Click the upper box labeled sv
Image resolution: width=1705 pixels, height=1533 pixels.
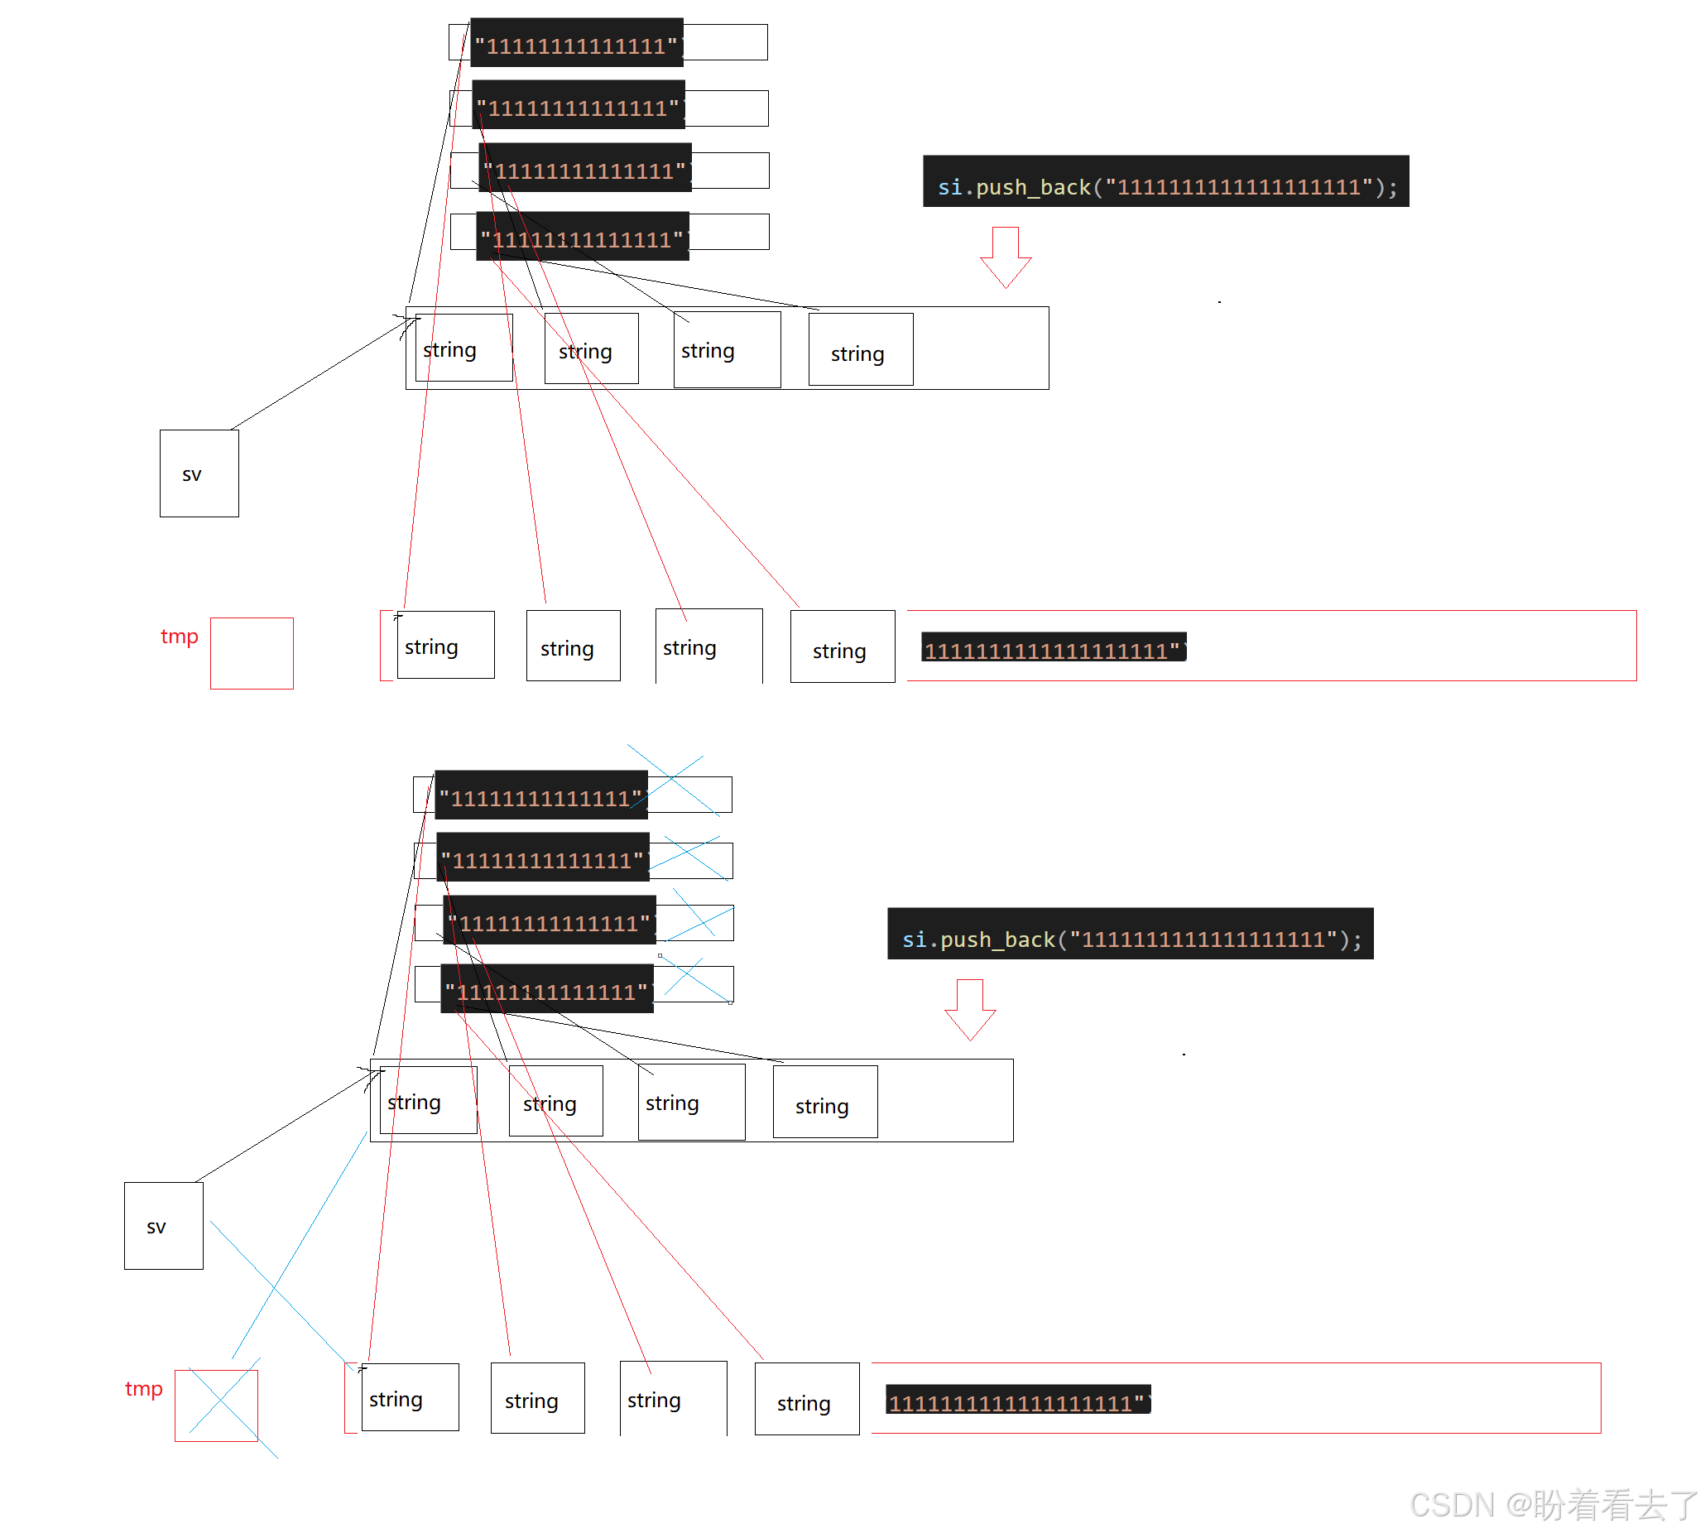[x=199, y=473]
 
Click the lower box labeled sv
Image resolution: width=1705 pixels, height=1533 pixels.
[x=163, y=1226]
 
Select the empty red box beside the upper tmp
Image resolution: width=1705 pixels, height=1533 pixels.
[x=252, y=654]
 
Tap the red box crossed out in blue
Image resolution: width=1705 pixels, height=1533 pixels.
[x=217, y=1405]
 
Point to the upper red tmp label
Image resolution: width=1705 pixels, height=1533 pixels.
[x=180, y=636]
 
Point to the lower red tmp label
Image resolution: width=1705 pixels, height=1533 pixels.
[x=143, y=1389]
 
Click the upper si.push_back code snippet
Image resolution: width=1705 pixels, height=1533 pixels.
[x=1166, y=182]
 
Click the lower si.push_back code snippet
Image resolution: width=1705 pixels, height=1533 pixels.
[x=1131, y=934]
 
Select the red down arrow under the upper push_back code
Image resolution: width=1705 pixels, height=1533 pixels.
[x=1006, y=257]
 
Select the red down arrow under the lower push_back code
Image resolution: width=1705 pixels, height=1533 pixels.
[x=970, y=1010]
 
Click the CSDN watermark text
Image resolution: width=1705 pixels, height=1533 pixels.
[x=1554, y=1504]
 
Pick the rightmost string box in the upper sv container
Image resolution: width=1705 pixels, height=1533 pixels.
[x=860, y=349]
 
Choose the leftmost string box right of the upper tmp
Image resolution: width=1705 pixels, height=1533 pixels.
[x=444, y=645]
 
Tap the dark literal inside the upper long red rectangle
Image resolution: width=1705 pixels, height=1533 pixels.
[x=1053, y=647]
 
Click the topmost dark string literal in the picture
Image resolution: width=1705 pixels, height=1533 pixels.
[x=576, y=42]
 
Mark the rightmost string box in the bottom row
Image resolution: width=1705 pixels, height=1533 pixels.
[x=807, y=1399]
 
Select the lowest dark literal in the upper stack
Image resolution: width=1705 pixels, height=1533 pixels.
[x=583, y=237]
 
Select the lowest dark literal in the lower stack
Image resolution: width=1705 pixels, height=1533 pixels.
[x=547, y=989]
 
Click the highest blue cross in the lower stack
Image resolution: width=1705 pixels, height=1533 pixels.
[x=674, y=780]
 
